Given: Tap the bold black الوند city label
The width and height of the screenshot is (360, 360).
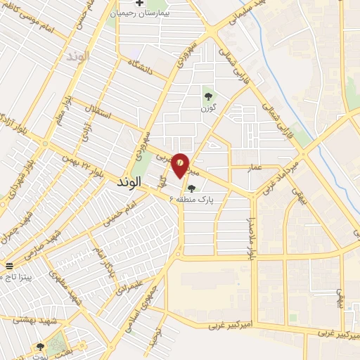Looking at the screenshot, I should click(x=127, y=181).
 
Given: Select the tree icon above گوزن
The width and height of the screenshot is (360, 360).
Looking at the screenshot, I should click(x=207, y=96).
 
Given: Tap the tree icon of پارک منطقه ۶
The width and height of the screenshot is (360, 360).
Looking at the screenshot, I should click(x=191, y=187).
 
